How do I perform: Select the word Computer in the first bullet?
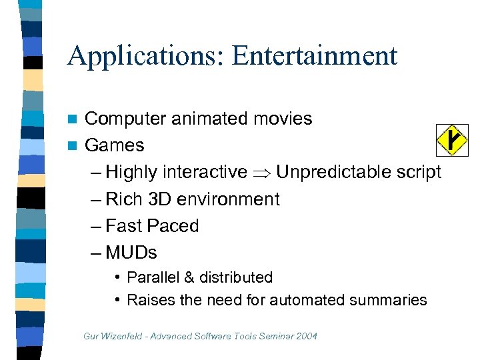pyautogui.click(x=125, y=119)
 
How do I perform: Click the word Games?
pyautogui.click(x=115, y=145)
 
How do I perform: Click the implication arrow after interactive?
pyautogui.click(x=261, y=172)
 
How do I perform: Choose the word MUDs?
pyautogui.click(x=131, y=253)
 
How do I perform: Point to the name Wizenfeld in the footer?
pyautogui.click(x=123, y=336)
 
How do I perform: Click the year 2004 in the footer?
pyautogui.click(x=306, y=336)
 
